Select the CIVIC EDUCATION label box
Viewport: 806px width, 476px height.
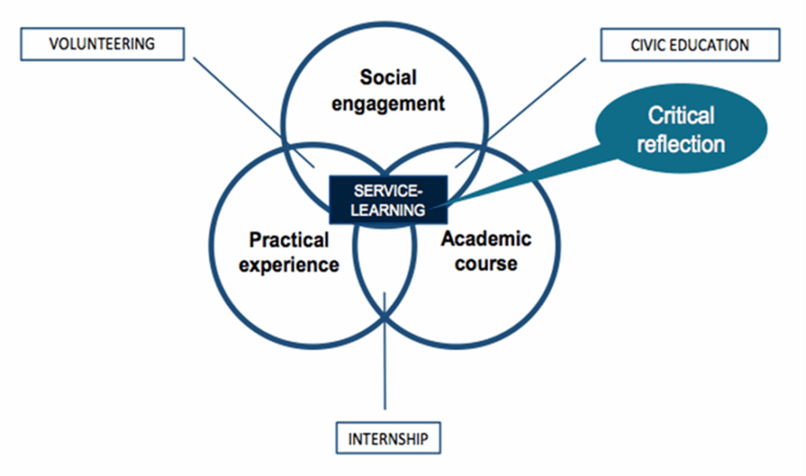pos(690,45)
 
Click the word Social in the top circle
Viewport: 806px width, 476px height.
pos(388,77)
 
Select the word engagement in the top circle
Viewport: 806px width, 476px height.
pos(388,104)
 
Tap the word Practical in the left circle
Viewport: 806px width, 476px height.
pos(289,239)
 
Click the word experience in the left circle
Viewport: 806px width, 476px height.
pos(289,265)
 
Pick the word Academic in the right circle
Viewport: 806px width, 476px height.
pos(486,238)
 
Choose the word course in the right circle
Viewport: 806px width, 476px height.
pos(486,264)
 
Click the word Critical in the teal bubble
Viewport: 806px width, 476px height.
pos(681,116)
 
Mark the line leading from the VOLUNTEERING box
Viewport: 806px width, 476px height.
pos(252,110)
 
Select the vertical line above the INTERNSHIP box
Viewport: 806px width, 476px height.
pos(384,363)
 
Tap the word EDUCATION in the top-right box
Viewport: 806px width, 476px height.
pos(710,45)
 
